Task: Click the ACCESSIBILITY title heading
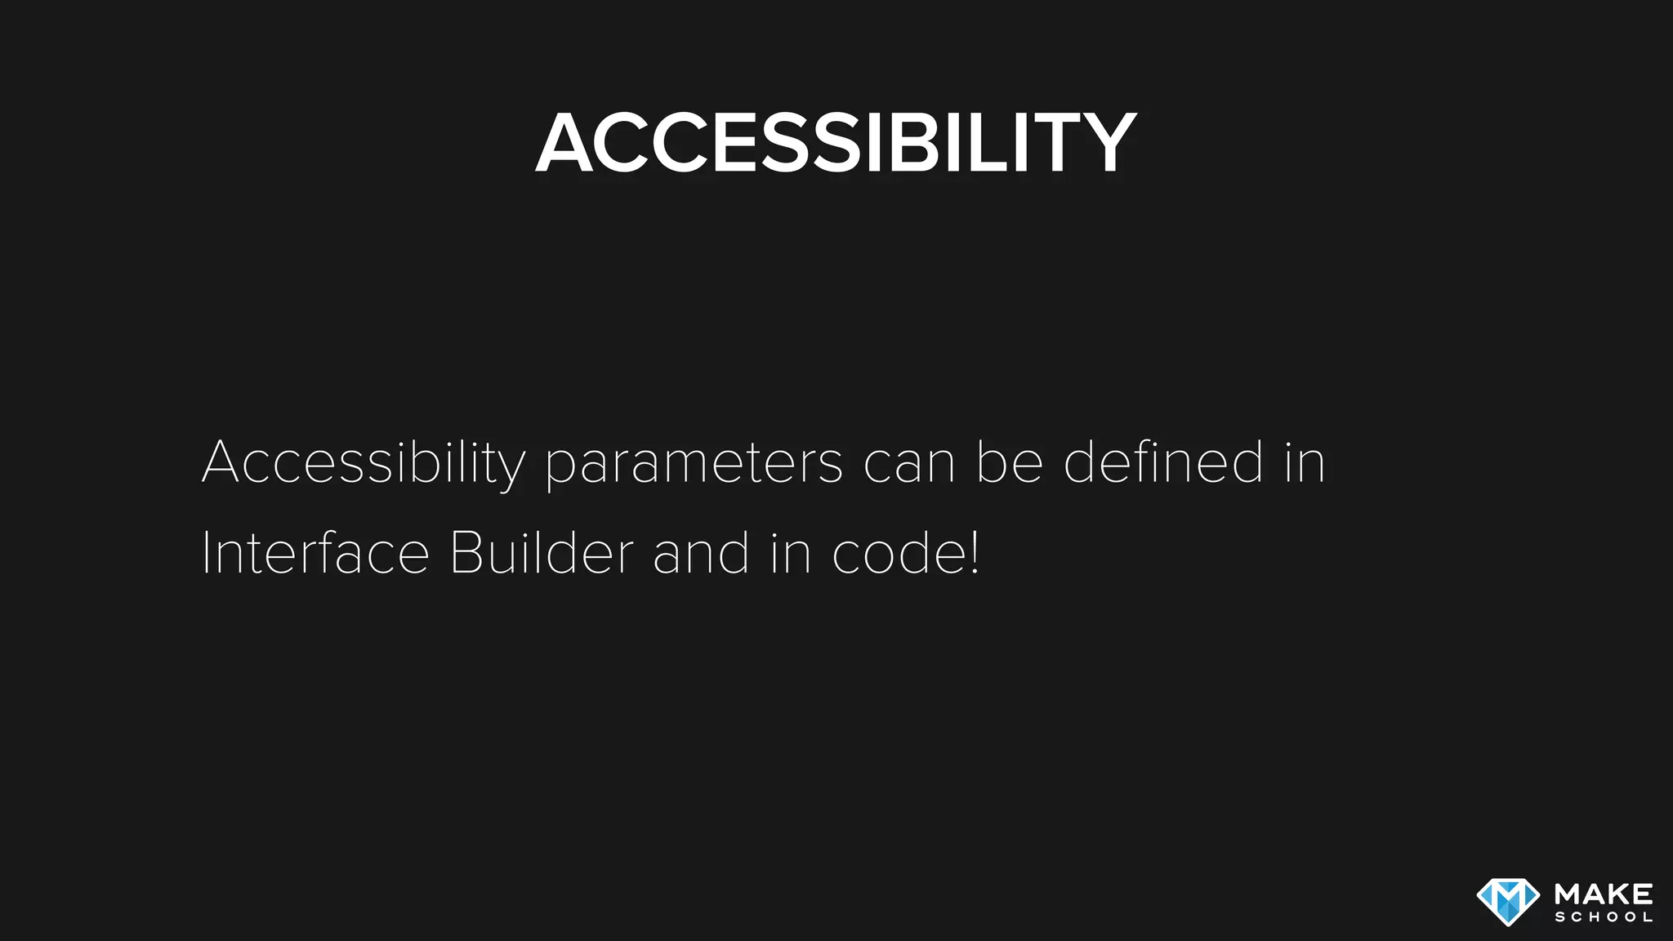836,144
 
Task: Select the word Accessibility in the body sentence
363,463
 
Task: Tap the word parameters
694,463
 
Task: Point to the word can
909,463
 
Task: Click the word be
1010,462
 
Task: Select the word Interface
315,553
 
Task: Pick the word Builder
541,553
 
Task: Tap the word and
701,553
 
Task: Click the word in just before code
790,553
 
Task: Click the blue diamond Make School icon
1508,902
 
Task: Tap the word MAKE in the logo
1604,894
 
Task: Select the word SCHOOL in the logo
1604,917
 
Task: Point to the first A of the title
564,144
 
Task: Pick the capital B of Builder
465,553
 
